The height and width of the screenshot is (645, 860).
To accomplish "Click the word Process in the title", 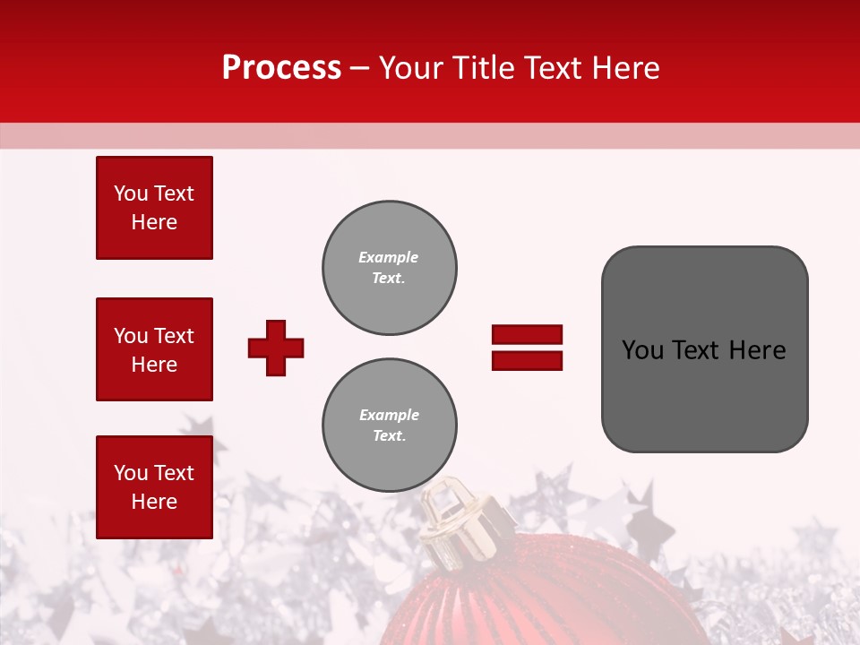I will pos(281,68).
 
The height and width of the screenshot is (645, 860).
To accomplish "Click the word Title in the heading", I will pos(481,68).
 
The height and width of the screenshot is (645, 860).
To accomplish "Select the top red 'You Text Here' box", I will pos(154,208).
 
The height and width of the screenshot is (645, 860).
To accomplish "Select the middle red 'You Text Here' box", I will pos(154,349).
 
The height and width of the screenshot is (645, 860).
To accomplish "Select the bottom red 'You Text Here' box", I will pos(154,487).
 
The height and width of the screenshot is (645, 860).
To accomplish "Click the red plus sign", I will pos(276,348).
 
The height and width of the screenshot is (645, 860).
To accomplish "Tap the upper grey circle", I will pos(390,268).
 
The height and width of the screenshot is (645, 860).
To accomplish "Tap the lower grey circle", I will pos(390,426).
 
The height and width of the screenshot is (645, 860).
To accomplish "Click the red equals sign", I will pos(527,348).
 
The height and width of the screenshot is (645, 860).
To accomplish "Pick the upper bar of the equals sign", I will pos(527,335).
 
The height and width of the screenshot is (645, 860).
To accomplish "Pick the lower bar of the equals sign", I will pos(527,360).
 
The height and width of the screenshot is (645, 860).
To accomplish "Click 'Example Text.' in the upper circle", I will pos(388,268).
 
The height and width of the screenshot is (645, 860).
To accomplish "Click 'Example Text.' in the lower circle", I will pos(388,426).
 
